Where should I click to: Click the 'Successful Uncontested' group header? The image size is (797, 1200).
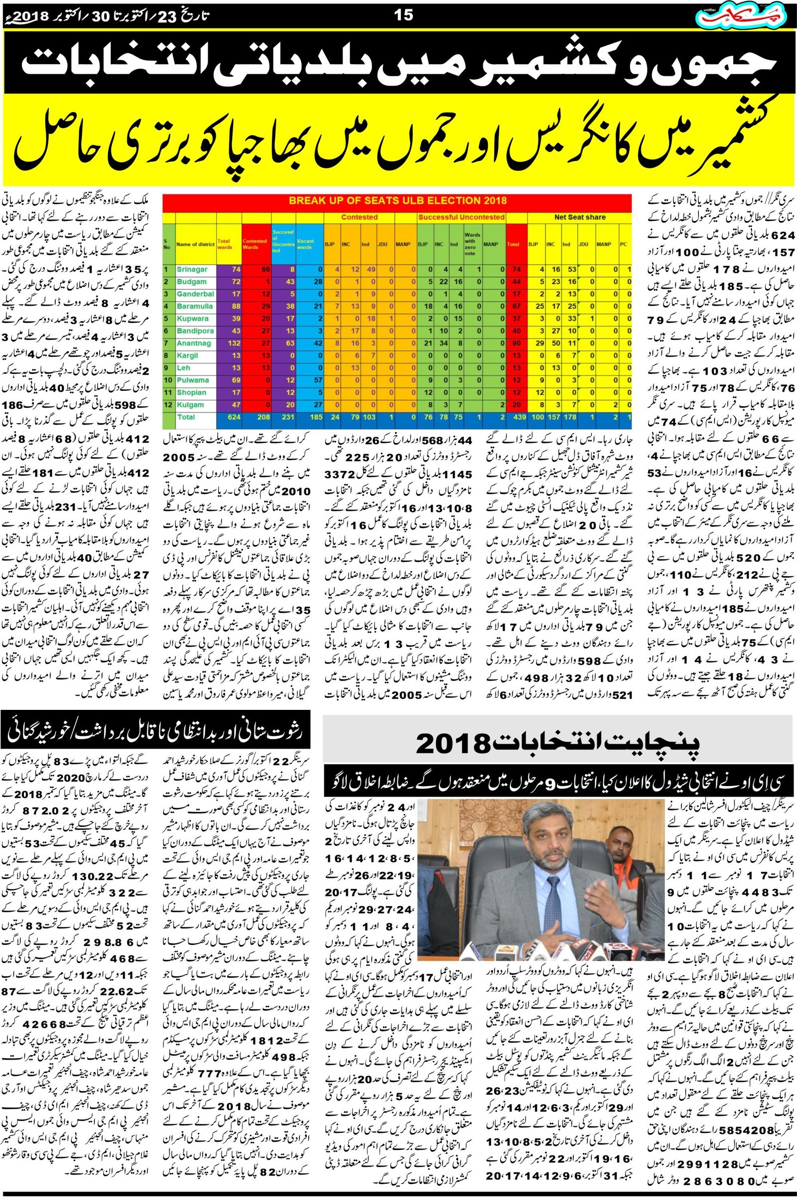coord(461,217)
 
